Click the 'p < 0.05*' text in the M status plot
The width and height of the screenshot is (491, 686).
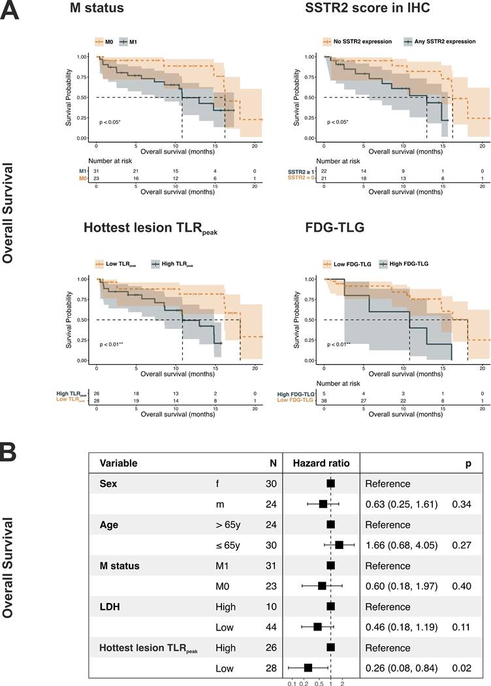(x=113, y=122)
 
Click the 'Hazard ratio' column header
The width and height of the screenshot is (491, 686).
(x=321, y=463)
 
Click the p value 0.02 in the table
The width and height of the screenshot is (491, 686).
(x=462, y=668)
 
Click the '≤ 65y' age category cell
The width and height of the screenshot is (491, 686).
(x=228, y=544)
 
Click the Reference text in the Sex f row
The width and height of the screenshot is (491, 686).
(x=387, y=484)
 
